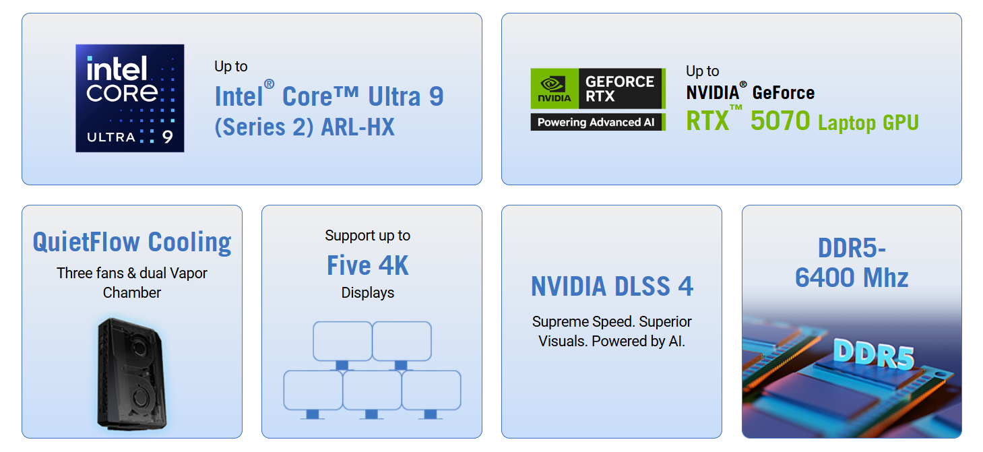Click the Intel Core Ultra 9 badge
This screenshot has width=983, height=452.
[129, 98]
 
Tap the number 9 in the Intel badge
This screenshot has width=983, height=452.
[167, 137]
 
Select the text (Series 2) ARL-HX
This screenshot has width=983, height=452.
[305, 127]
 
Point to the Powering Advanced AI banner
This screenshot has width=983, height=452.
[598, 122]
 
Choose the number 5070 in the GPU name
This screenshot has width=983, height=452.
[780, 121]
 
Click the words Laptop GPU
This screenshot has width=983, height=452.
[868, 123]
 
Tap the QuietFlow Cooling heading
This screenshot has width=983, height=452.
[132, 243]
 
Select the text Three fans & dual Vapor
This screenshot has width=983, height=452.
[132, 273]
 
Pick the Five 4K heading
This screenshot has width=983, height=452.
[368, 265]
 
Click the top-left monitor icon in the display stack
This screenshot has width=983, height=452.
[342, 342]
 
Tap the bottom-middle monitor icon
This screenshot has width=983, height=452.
[372, 391]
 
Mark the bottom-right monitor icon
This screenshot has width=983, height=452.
[431, 391]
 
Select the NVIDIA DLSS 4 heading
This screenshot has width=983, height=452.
[612, 286]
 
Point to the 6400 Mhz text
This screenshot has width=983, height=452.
[852, 278]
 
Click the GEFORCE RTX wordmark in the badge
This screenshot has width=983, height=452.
[619, 88]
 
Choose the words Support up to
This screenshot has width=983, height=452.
[368, 235]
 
